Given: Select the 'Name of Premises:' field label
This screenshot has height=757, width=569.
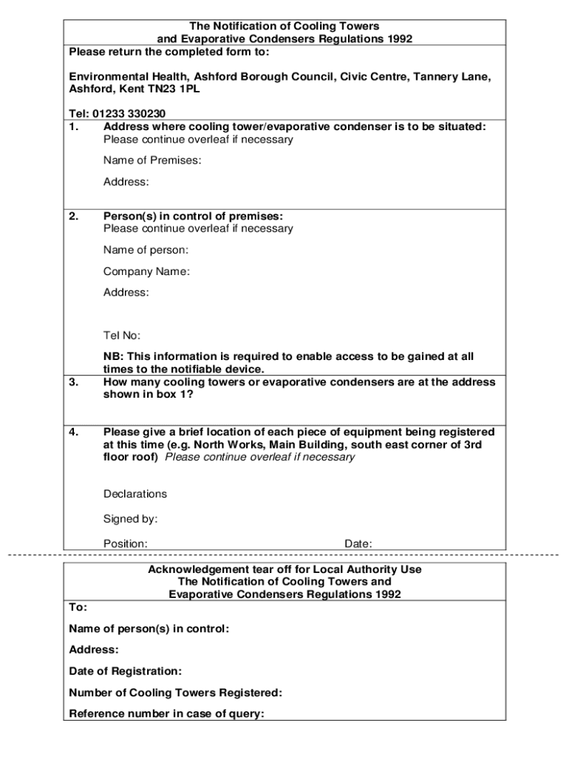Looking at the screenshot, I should [152, 160].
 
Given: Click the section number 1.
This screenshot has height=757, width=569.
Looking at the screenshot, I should [73, 126].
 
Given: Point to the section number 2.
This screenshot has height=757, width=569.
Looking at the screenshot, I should [73, 216].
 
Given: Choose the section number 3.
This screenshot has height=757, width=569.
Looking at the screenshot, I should [73, 382].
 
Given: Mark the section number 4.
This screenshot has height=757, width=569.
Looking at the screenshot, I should [73, 432].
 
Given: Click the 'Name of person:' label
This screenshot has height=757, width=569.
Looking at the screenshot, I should [146, 250].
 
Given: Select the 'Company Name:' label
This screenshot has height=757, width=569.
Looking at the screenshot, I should [146, 271].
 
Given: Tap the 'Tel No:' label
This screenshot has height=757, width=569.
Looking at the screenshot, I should [122, 336].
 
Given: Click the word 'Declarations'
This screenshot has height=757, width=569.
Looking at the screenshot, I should [135, 494].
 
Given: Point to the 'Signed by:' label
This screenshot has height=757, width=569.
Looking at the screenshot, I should [130, 519].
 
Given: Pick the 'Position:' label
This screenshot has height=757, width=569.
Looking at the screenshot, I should [125, 544].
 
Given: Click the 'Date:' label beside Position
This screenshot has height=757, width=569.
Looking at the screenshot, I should [358, 544].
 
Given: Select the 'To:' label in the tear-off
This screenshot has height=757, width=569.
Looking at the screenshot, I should [78, 607].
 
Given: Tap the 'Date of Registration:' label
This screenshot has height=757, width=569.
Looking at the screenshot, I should [125, 671].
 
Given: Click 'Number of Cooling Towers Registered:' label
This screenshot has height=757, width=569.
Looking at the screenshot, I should [175, 693].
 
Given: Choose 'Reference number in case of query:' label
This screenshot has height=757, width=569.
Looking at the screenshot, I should [166, 714].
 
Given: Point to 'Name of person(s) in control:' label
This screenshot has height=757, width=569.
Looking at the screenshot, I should [149, 628].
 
